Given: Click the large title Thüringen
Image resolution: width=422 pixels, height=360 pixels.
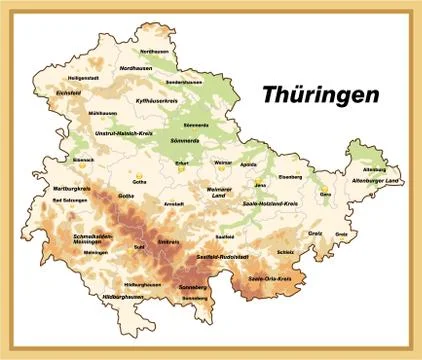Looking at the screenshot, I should pyautogui.click(x=320, y=94).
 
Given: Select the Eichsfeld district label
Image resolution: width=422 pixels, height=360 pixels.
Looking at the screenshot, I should pyautogui.click(x=69, y=93).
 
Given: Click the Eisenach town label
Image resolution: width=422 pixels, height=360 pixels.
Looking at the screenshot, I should pyautogui.click(x=83, y=159).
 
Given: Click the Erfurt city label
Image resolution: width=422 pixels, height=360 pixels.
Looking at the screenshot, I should pyautogui.click(x=181, y=162).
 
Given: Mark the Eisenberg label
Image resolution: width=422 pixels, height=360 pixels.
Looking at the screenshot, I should pyautogui.click(x=289, y=177).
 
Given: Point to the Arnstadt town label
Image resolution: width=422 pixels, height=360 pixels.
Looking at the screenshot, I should pyautogui.click(x=174, y=203).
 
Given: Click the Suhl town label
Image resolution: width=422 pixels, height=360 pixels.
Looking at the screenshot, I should pyautogui.click(x=140, y=243).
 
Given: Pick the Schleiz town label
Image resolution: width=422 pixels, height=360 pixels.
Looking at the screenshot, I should pyautogui.click(x=286, y=252).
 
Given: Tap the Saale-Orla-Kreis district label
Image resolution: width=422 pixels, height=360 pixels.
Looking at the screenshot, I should pyautogui.click(x=270, y=278).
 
